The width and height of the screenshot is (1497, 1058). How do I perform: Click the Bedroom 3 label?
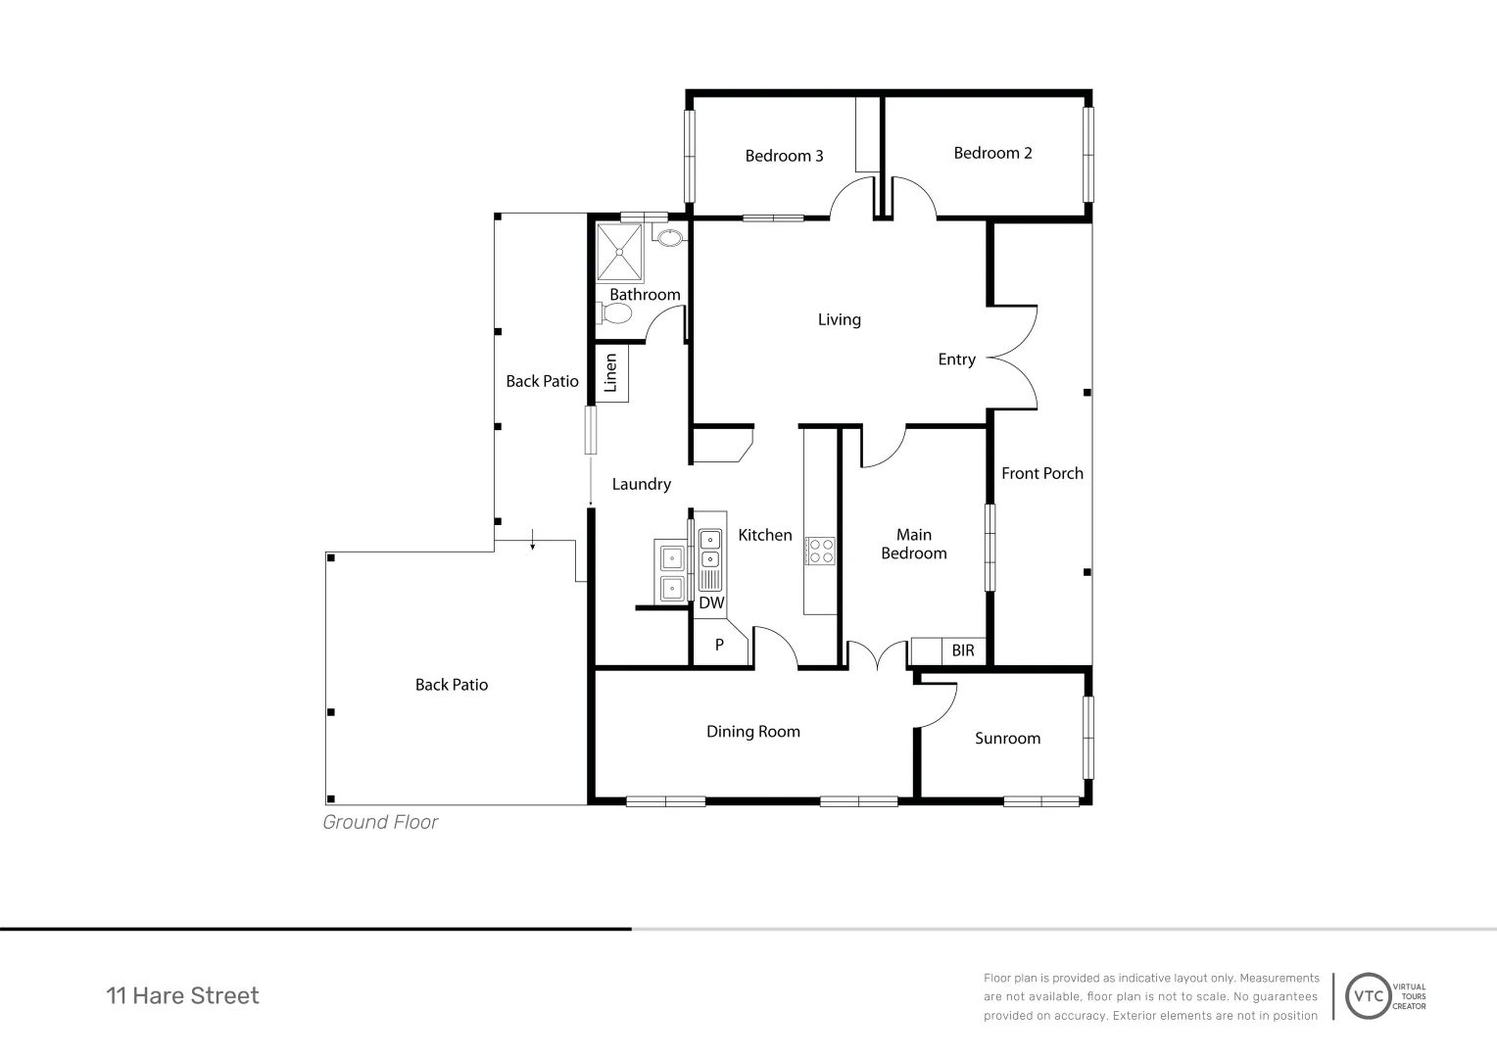pos(784,156)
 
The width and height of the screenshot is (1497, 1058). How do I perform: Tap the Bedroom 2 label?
pos(992,153)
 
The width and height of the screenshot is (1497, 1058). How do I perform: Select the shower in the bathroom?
pos(619,252)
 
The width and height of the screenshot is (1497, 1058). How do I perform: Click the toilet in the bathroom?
pos(614,313)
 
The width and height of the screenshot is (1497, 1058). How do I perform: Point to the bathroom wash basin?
pos(669,237)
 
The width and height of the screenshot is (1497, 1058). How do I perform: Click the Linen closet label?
pos(610,373)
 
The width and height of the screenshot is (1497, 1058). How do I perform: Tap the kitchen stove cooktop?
pos(820,551)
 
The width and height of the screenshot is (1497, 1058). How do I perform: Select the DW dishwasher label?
pos(711,602)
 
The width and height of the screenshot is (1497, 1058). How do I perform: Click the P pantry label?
pos(719,645)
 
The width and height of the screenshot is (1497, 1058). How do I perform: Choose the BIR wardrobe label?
pos(963,650)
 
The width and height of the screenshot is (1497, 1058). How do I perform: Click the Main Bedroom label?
pos(913,544)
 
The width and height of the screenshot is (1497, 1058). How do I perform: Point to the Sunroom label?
pos(1007,739)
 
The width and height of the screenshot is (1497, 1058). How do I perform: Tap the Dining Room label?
pos(753,732)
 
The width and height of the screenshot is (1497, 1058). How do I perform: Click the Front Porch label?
pos(1041,473)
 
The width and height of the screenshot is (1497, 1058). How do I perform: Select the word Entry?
pos(956,360)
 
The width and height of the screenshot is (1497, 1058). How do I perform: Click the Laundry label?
pos(642,484)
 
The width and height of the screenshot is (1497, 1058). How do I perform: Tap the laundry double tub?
pos(672,571)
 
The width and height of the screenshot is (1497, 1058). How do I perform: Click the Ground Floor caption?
pos(380,822)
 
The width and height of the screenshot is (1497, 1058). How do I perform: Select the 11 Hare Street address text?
pos(182,996)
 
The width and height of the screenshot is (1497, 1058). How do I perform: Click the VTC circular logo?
pos(1368,996)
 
